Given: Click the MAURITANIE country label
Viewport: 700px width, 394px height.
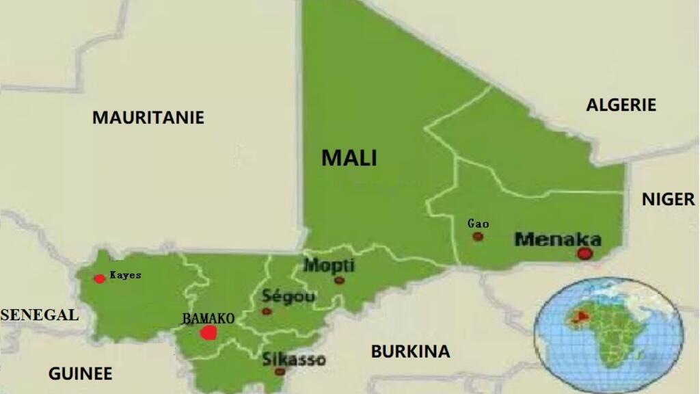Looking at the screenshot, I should (x=148, y=118).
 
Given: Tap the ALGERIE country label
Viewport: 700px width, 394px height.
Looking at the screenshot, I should (x=621, y=105).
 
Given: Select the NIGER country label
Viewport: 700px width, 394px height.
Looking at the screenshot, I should (x=668, y=199).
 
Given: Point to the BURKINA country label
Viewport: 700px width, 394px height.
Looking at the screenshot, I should (x=410, y=352).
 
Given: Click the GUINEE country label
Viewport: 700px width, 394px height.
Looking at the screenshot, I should (x=80, y=373).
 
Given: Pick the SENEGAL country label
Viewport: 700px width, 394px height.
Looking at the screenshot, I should (x=40, y=315).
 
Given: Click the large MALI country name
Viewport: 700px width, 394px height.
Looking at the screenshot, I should (x=349, y=158).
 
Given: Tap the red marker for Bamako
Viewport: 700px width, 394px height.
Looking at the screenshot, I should (x=208, y=333).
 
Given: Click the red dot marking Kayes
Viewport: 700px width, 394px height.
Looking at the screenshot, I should (x=100, y=278).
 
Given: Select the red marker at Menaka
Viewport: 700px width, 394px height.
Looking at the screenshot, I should (x=584, y=254).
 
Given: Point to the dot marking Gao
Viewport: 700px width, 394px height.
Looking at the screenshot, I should (x=478, y=237).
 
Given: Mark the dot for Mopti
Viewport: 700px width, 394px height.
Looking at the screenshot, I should (x=339, y=280).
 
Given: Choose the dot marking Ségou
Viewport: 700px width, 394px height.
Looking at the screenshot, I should (x=267, y=311).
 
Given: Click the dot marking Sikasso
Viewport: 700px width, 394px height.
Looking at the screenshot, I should (x=280, y=371).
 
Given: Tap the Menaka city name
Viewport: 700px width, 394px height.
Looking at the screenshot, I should (x=558, y=239).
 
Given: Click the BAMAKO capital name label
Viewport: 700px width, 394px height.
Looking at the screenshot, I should (x=208, y=319).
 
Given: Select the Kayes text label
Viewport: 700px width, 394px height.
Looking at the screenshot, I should (x=125, y=275).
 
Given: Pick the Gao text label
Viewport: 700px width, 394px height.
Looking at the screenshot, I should (x=478, y=224).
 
